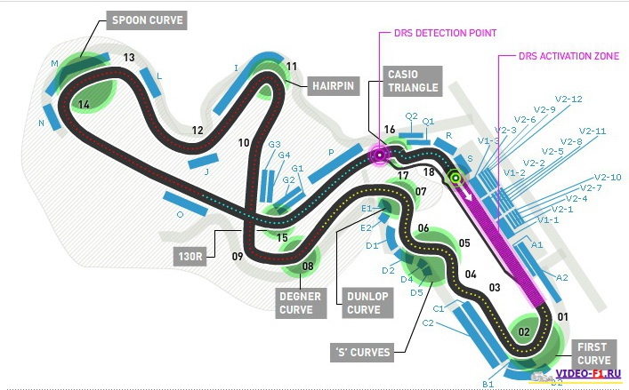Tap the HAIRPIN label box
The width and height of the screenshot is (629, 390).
pos(333,86)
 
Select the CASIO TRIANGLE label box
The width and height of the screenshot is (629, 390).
pos(413,80)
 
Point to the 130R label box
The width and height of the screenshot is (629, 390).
pos(190,258)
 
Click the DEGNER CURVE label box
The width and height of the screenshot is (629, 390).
pos(296,302)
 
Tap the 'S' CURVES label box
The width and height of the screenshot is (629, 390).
pos(363,352)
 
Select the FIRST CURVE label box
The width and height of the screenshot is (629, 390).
pos(592,353)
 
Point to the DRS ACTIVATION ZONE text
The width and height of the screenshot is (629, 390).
pos(569,56)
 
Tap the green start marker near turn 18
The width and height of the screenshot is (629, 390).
pos(456,178)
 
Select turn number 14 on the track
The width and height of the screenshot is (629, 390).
pos(84,105)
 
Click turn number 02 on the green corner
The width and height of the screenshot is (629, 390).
pos(525,333)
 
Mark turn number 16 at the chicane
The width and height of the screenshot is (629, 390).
pos(390,131)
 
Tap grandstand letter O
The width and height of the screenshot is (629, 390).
pos(180,214)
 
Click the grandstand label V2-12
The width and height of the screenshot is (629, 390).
pos(569,99)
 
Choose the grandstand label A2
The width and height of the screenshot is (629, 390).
pos(561,277)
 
